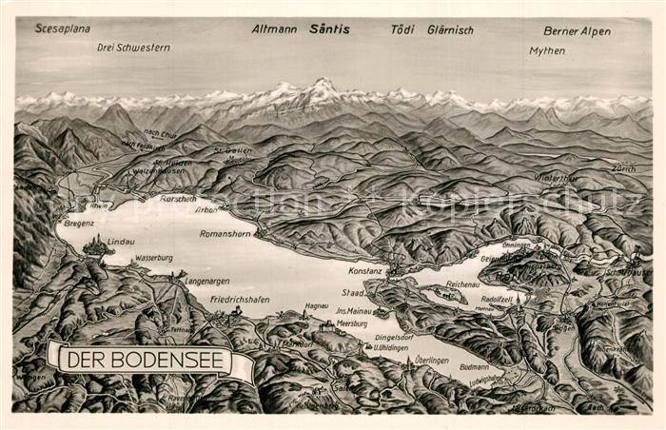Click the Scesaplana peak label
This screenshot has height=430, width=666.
(x=63, y=29)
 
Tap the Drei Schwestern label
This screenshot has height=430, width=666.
(x=133, y=47)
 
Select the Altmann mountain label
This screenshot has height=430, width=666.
(x=274, y=29)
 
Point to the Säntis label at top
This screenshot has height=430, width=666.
(x=329, y=29)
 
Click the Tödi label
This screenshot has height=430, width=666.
(x=402, y=29)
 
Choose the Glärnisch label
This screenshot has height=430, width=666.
(x=450, y=29)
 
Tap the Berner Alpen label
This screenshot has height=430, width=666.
(x=577, y=30)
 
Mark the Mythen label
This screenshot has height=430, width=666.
(x=547, y=50)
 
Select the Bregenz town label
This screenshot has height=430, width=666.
(x=80, y=224)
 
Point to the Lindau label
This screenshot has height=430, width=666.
(x=121, y=242)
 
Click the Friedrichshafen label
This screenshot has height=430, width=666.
(x=240, y=299)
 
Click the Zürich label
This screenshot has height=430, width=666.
(x=624, y=167)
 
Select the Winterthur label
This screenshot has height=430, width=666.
(x=557, y=177)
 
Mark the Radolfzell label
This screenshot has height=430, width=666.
(x=498, y=299)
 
